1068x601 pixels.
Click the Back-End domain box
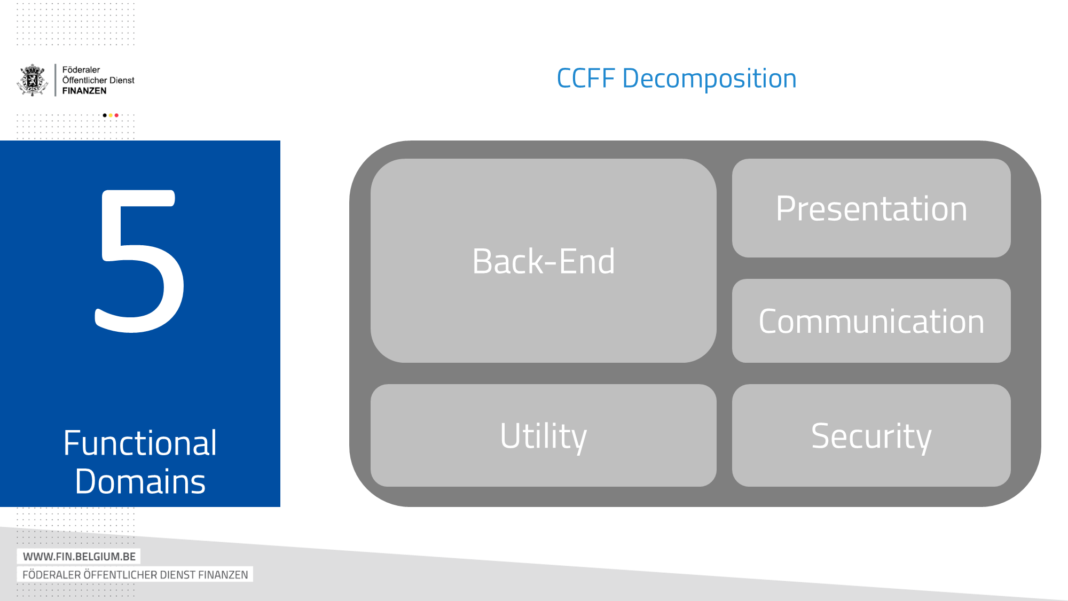point(543,261)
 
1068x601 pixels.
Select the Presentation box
point(871,208)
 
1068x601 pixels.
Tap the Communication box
point(871,321)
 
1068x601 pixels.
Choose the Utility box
point(543,435)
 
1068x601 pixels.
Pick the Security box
point(871,435)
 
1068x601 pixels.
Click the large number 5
point(140,262)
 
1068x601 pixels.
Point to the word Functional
point(140,443)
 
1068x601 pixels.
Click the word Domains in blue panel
point(140,481)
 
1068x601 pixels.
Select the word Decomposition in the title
point(709,79)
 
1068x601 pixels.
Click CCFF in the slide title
point(586,79)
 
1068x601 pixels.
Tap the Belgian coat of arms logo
point(33,80)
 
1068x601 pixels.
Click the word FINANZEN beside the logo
point(84,91)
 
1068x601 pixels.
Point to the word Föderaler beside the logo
point(81,70)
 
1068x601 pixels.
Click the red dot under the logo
point(116,115)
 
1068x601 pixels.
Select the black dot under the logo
point(105,115)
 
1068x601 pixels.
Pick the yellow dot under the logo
point(111,115)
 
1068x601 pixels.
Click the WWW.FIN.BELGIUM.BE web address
point(79,556)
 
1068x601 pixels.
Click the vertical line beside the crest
point(56,80)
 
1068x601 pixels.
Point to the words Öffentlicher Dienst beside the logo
point(98,80)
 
